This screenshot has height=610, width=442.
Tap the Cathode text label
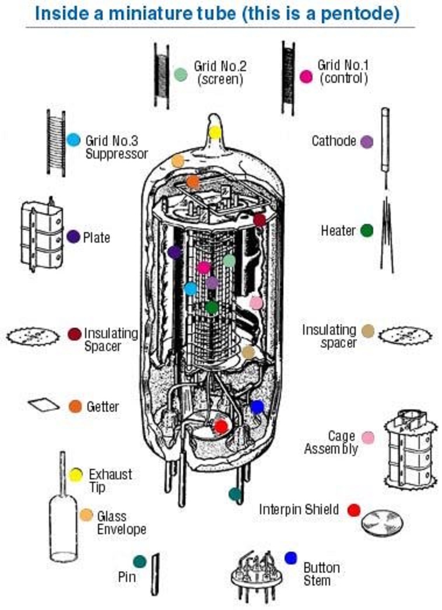pos(334,141)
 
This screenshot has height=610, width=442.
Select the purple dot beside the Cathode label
pos(367,142)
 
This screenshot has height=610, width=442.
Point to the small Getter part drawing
pos(44,405)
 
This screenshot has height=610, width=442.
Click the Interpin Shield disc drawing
pos(382,521)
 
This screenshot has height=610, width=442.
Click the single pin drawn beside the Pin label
pos(155,574)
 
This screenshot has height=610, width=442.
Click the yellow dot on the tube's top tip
pos(215,132)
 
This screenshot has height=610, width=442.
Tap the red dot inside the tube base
pos(221,426)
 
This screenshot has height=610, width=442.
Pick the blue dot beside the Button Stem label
pos(290,558)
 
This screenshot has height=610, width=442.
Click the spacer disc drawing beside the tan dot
pos(405,335)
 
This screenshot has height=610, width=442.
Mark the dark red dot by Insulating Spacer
pos(74,334)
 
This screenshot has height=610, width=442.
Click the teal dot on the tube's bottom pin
pos(235,495)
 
